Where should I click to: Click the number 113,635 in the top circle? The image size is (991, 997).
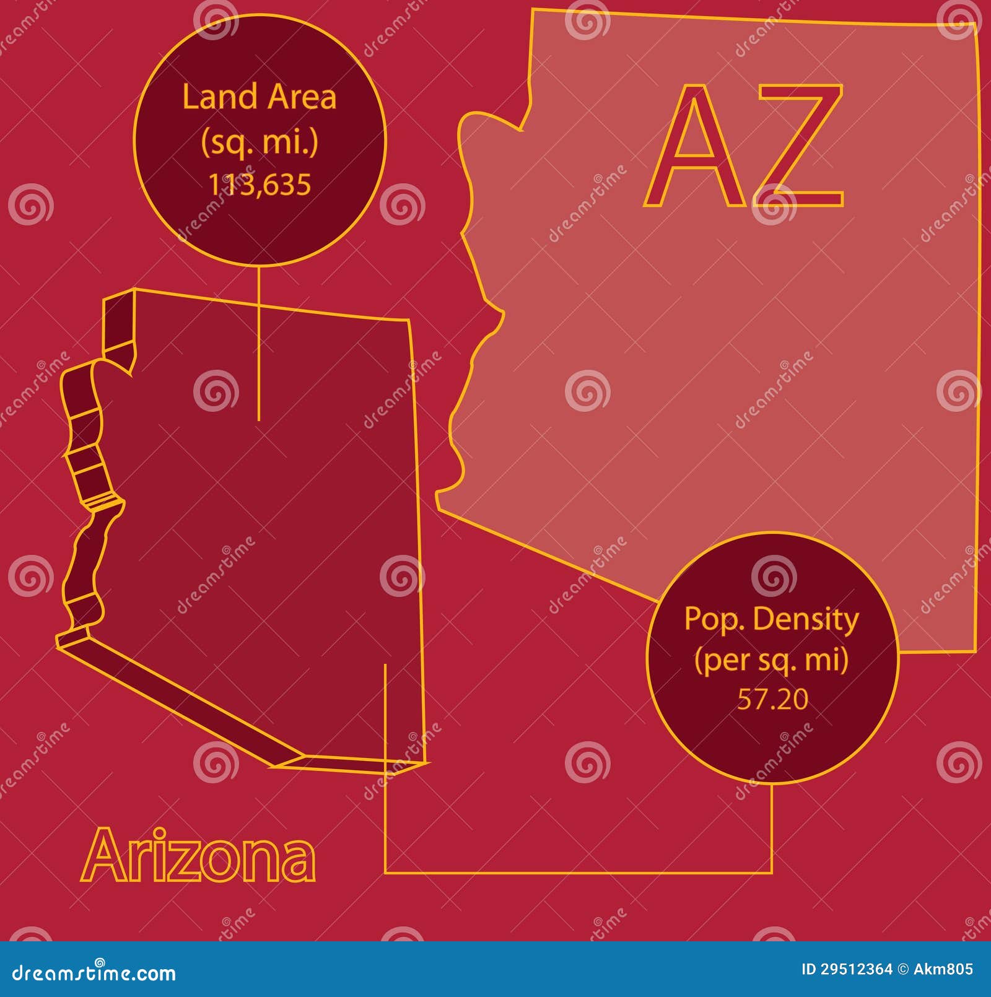coord(259,185)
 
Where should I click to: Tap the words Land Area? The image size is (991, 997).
coord(259,97)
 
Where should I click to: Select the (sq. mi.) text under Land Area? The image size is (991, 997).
coord(259,142)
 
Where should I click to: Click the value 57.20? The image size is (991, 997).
coord(772,699)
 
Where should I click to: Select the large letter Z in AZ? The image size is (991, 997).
coord(800,146)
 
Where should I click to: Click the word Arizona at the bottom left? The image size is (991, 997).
coord(198,856)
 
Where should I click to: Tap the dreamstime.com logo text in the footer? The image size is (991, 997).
coord(94,973)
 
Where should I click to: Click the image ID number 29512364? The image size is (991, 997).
coord(857,969)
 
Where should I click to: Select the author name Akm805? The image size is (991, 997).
coord(943,969)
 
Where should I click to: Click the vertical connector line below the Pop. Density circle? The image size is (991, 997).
coord(772,827)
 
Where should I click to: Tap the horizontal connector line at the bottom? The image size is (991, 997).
coord(576,873)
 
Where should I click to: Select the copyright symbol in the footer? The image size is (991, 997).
coord(903,969)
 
